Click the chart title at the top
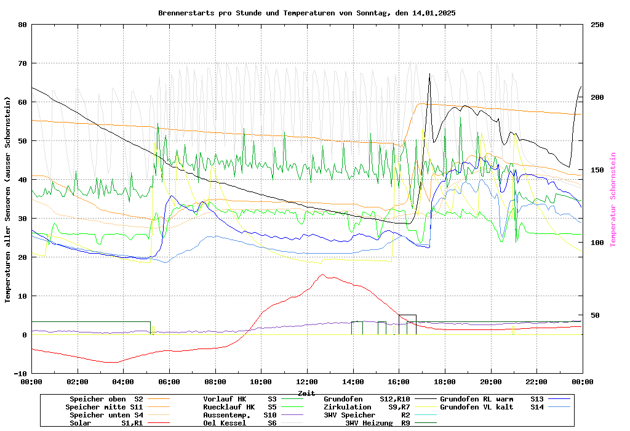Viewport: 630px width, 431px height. click(x=306, y=12)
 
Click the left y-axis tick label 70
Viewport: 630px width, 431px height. click(x=23, y=63)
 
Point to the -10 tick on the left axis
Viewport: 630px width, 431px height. click(x=20, y=374)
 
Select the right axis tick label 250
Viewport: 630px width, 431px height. click(x=597, y=25)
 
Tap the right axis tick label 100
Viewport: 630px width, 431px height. click(x=597, y=243)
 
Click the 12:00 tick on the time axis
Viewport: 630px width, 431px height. click(x=307, y=382)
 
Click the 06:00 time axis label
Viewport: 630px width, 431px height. click(x=169, y=382)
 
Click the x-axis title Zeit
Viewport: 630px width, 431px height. click(x=306, y=393)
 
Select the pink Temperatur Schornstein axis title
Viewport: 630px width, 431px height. click(x=613, y=199)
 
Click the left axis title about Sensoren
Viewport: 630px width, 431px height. click(x=8, y=199)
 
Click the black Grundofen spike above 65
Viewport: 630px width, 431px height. click(x=429, y=75)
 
